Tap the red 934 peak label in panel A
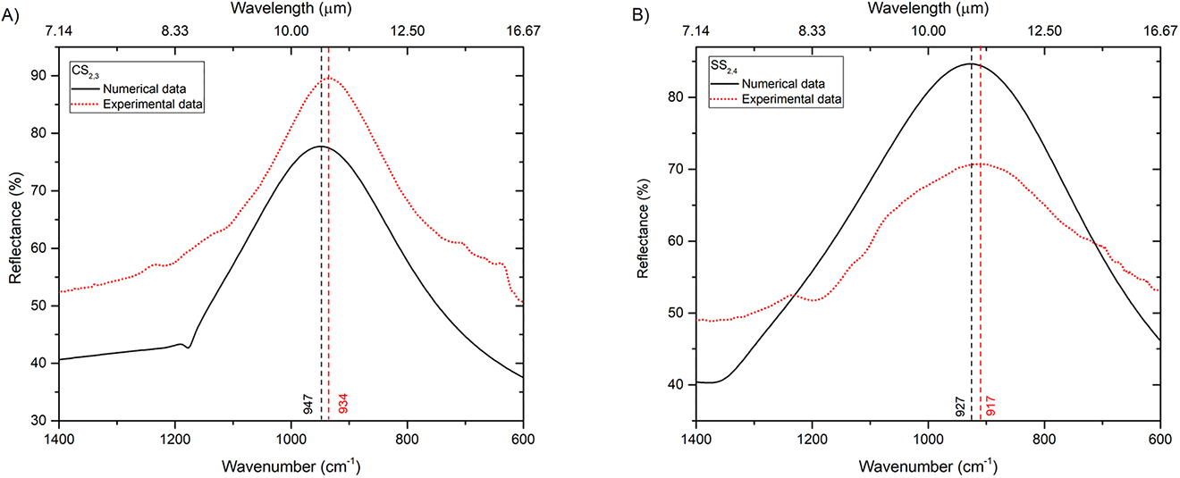coord(342,403)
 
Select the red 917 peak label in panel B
coord(990,403)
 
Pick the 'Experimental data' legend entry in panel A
coord(153,105)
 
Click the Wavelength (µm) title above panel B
coord(928,9)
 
